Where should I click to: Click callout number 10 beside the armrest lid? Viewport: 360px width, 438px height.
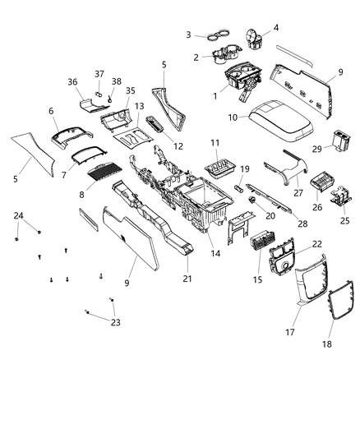[233, 118]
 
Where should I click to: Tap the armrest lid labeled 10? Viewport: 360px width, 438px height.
[279, 122]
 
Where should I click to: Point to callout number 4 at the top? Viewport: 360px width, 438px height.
[275, 28]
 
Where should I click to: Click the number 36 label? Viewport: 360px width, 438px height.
[72, 81]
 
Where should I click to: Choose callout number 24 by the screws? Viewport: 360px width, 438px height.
[18, 217]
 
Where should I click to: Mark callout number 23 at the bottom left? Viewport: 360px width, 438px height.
[114, 322]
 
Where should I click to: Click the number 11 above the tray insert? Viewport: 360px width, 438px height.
[215, 143]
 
